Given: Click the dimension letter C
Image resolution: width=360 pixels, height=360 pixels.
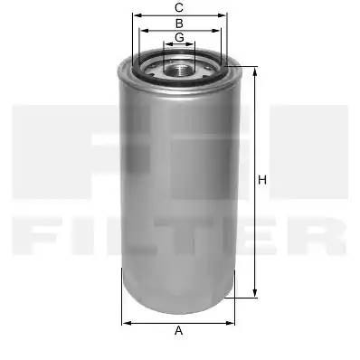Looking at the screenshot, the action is pyautogui.click(x=179, y=8).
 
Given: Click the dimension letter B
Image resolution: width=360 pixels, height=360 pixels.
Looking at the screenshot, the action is pyautogui.click(x=179, y=24).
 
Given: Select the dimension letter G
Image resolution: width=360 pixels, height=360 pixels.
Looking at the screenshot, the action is pyautogui.click(x=179, y=37).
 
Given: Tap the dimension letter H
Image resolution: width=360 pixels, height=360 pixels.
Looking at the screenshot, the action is pyautogui.click(x=262, y=180).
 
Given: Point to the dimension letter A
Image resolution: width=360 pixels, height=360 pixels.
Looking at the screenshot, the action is pyautogui.click(x=179, y=330).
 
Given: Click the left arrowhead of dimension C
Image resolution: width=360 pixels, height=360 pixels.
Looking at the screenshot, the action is pyautogui.click(x=137, y=15).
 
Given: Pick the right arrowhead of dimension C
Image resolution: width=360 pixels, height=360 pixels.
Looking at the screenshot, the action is pyautogui.click(x=222, y=15).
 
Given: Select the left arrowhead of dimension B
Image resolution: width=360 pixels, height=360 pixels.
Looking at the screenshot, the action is pyautogui.click(x=144, y=31).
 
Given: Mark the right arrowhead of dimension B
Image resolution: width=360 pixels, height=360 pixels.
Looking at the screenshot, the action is pyautogui.click(x=216, y=31).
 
